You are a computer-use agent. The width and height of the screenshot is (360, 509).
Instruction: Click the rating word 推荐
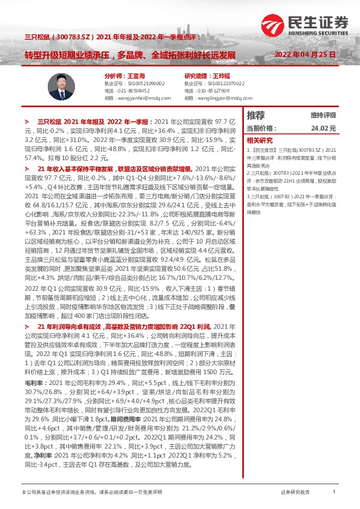tap(257, 115)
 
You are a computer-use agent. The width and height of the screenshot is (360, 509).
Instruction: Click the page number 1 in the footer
tap(333, 493)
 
